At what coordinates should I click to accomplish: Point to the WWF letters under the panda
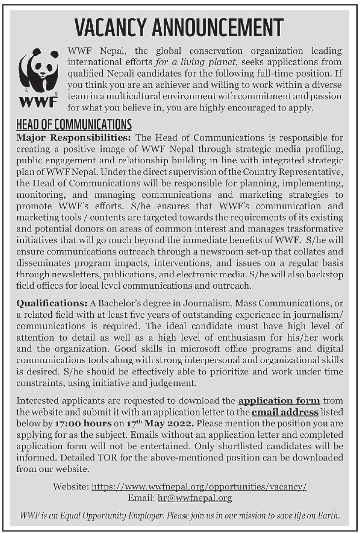tap(38, 103)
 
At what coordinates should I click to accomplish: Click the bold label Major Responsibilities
tap(74, 137)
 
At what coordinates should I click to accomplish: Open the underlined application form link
tap(279, 400)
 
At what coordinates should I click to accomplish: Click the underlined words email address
tap(285, 412)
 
